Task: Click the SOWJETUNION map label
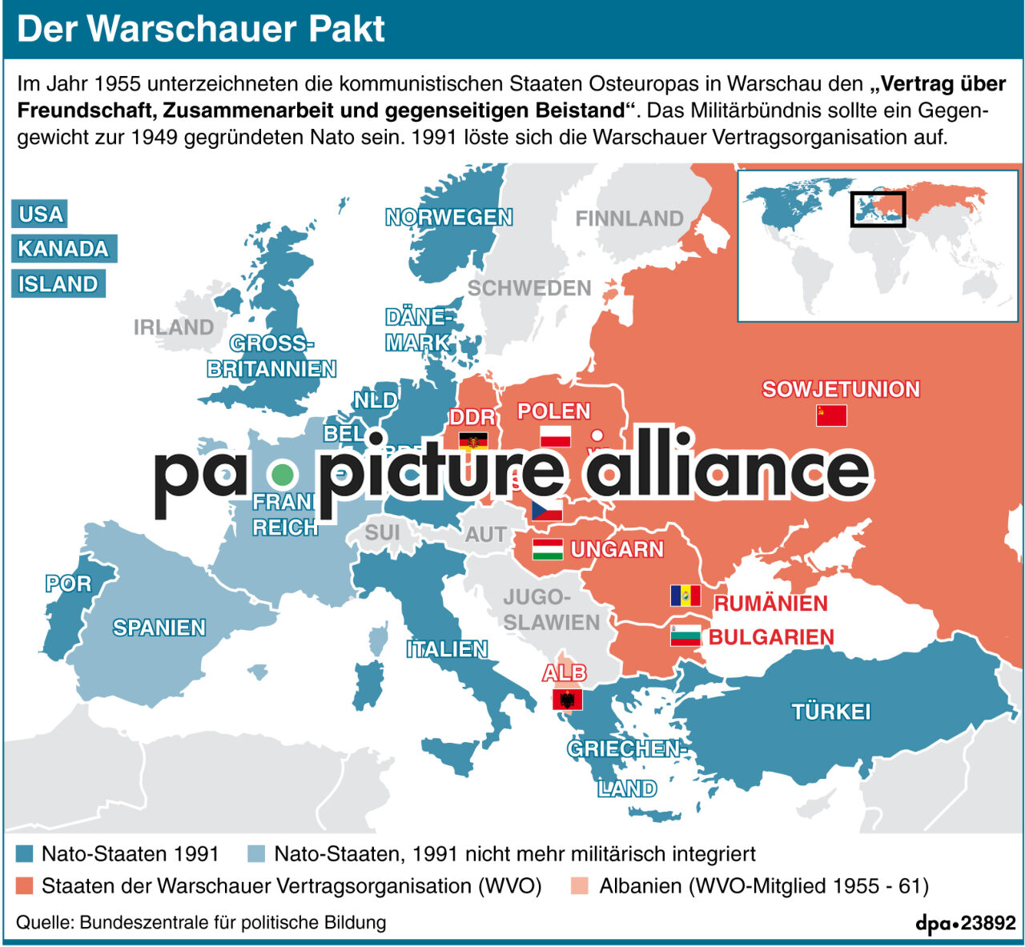(x=841, y=390)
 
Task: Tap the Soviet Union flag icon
(x=831, y=415)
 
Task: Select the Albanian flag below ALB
(x=567, y=700)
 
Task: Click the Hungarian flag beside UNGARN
(x=548, y=549)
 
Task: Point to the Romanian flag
(x=685, y=596)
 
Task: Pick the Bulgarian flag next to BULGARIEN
(x=685, y=636)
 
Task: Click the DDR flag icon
(x=473, y=441)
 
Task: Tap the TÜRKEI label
(x=830, y=712)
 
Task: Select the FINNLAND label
(x=629, y=219)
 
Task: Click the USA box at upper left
(x=40, y=215)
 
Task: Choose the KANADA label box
(x=63, y=249)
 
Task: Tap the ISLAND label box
(x=58, y=284)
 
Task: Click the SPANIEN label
(x=159, y=628)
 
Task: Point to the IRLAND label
(x=174, y=327)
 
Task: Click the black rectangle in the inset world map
(x=878, y=210)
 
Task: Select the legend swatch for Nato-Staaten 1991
(x=25, y=854)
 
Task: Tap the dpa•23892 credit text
(x=966, y=923)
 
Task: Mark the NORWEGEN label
(x=448, y=218)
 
